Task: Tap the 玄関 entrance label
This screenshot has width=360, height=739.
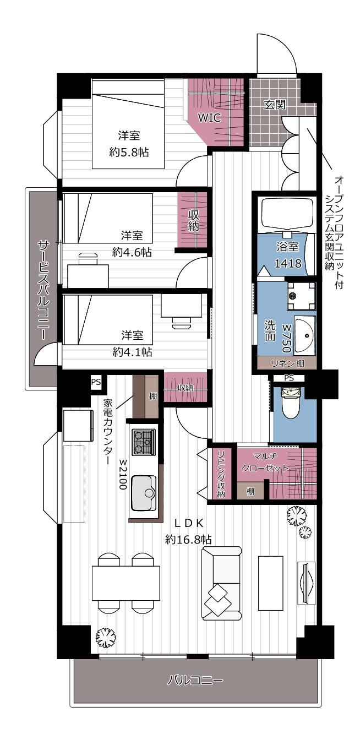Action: click(x=274, y=105)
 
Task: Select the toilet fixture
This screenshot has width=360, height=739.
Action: click(x=290, y=404)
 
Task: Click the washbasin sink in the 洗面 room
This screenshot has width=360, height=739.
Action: click(x=305, y=335)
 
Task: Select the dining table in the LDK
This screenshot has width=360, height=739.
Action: click(x=126, y=583)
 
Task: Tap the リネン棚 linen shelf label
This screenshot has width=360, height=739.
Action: click(x=286, y=363)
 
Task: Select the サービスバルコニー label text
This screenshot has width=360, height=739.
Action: click(x=43, y=289)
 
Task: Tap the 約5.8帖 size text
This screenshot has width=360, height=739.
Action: click(x=129, y=152)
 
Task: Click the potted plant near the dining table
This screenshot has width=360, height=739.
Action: click(x=106, y=638)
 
